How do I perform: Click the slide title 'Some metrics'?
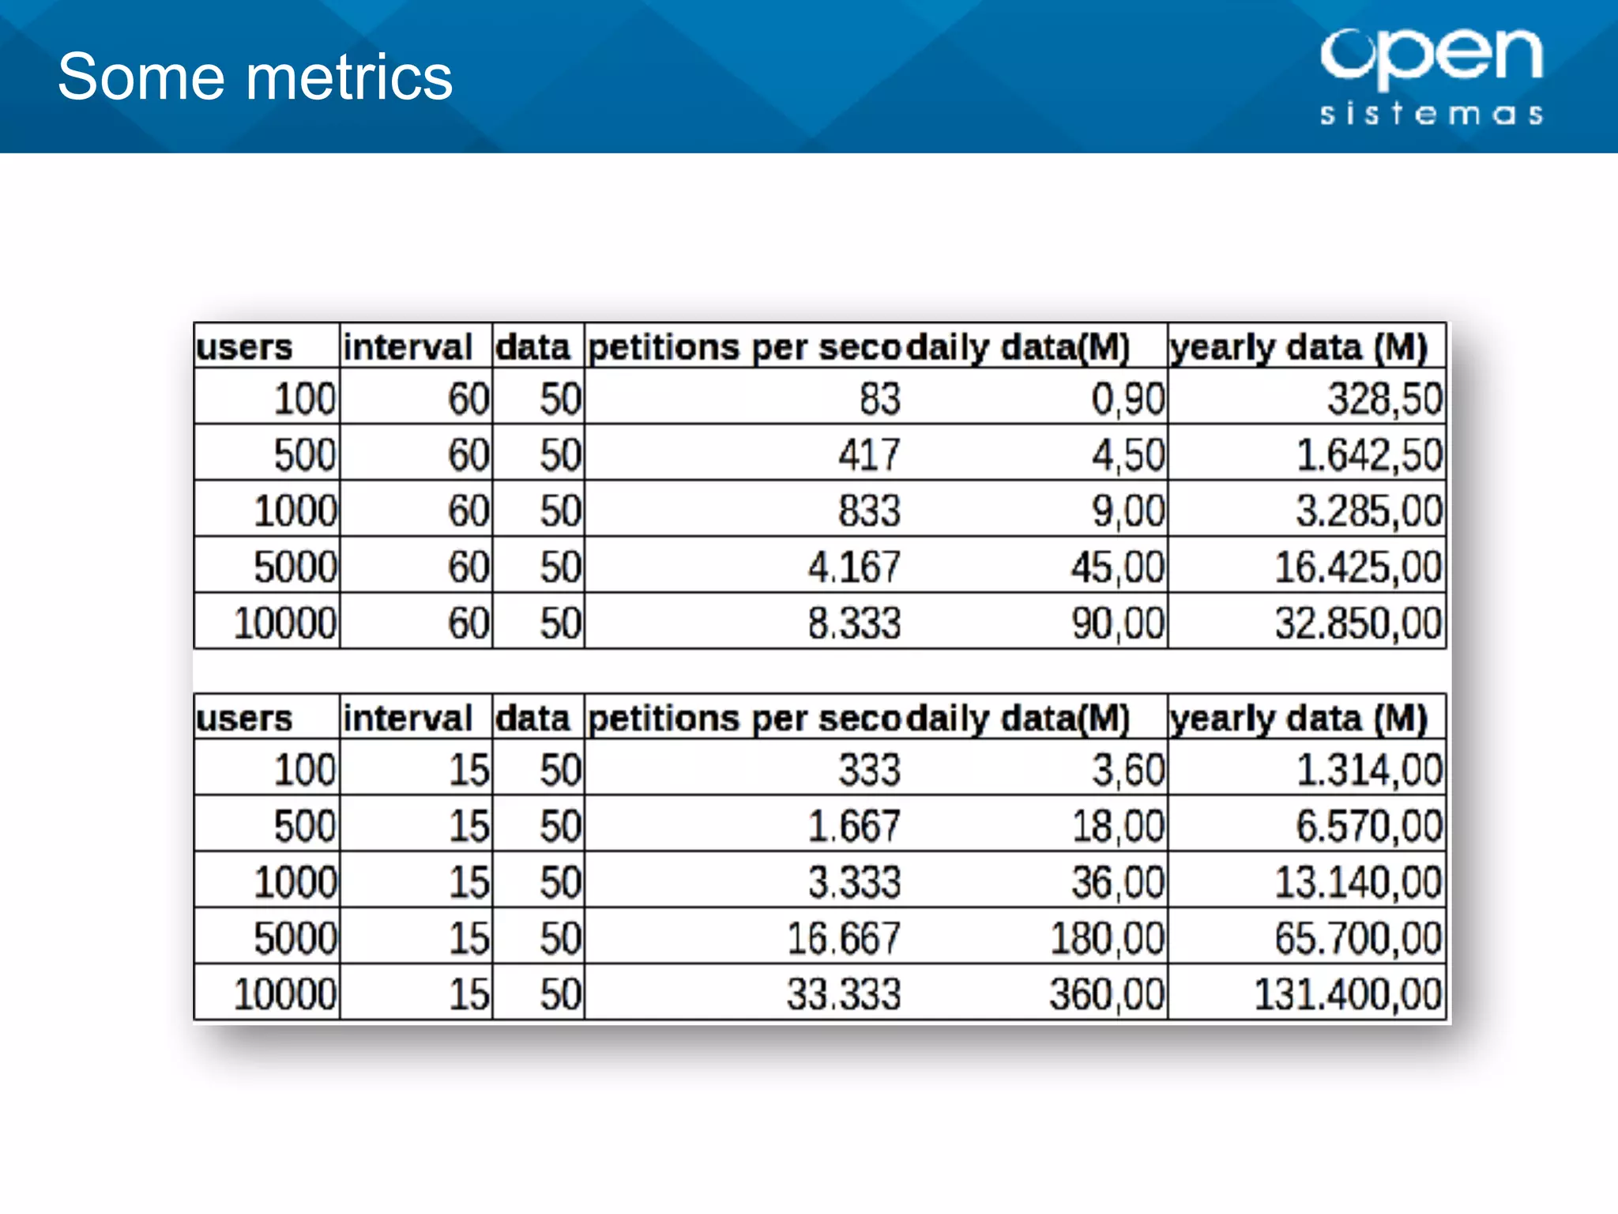[254, 77]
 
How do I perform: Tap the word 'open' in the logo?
[1431, 55]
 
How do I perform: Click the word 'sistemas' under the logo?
[1431, 114]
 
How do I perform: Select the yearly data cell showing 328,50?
[1384, 398]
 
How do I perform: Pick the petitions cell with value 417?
[869, 455]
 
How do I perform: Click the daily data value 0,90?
[1127, 398]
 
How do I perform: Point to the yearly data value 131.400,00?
[1348, 994]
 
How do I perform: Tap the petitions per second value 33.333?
[843, 994]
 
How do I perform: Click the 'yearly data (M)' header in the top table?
[1299, 347]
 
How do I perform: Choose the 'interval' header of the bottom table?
[407, 718]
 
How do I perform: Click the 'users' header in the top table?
[244, 347]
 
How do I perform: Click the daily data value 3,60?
[1127, 770]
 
